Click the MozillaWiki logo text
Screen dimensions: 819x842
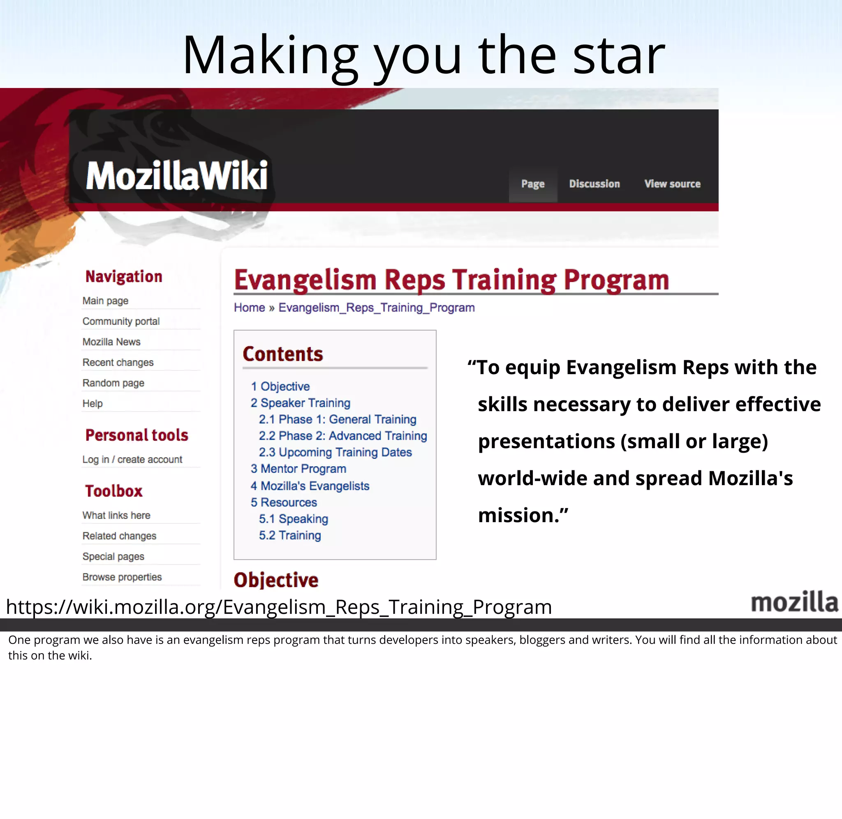click(x=177, y=176)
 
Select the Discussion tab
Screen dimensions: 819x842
click(x=594, y=184)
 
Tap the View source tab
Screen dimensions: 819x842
click(x=672, y=184)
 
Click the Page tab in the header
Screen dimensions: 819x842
click(x=533, y=184)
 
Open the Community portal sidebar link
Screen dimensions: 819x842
click(x=121, y=322)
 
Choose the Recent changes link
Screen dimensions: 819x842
click(x=118, y=363)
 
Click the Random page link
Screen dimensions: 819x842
click(x=113, y=383)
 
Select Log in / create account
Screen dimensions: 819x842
click(x=132, y=459)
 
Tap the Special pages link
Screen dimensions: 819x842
click(x=113, y=557)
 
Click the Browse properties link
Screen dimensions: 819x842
click(x=122, y=577)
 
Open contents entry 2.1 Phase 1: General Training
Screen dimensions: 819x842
click(x=338, y=419)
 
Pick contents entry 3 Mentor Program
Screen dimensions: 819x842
click(x=298, y=469)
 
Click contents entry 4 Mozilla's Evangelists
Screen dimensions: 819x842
click(x=310, y=486)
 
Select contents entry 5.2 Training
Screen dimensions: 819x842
click(x=290, y=536)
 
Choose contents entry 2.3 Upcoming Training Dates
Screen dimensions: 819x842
click(x=335, y=453)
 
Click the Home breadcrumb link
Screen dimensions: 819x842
click(x=249, y=308)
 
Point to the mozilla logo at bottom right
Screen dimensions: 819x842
click(x=794, y=602)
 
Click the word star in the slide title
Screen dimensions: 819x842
click(x=619, y=56)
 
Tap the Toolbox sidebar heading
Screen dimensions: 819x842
click(x=113, y=491)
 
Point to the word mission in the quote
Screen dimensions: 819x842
click(x=518, y=515)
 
